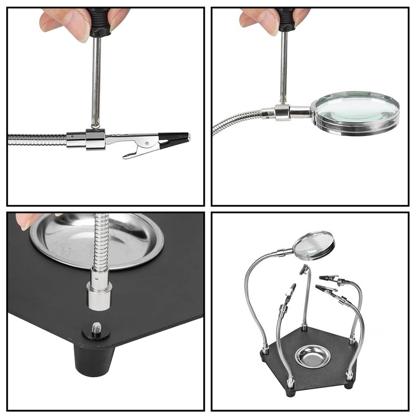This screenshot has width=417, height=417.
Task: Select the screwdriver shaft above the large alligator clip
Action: coord(96,78)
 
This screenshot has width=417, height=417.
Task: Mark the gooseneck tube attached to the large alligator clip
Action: coord(36,140)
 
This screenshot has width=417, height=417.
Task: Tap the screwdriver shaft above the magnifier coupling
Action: coord(284,68)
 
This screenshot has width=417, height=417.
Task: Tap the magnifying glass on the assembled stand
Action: coord(313,245)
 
